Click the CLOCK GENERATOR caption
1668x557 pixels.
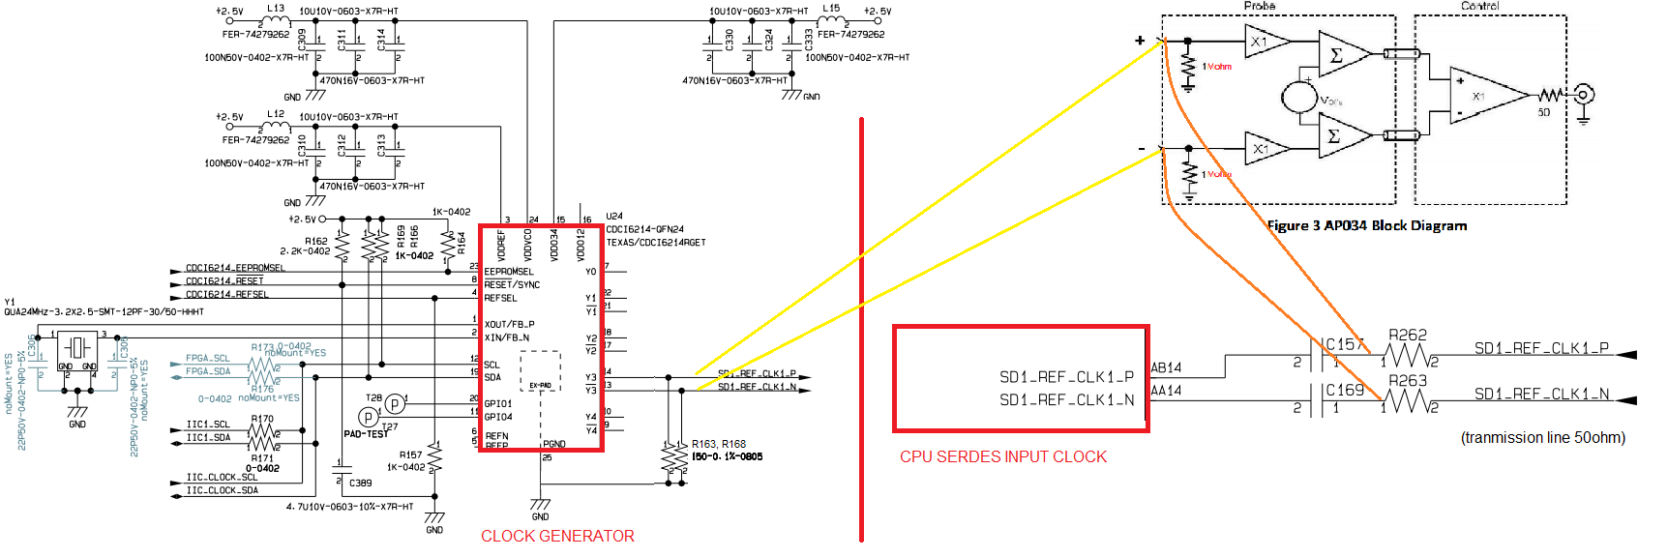coord(557,536)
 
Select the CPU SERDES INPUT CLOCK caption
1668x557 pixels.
coord(1002,456)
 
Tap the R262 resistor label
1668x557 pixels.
coord(1408,335)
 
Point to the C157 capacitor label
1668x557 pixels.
coord(1345,344)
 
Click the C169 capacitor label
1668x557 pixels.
coord(1345,390)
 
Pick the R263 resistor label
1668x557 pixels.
coord(1408,381)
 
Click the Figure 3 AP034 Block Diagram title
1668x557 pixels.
coord(1366,225)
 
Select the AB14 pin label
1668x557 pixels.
coord(1166,367)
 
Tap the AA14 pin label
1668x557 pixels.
coord(1166,391)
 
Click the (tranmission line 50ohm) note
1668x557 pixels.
coord(1542,437)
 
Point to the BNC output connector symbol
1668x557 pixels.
coord(1584,95)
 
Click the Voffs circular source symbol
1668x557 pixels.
coord(1299,97)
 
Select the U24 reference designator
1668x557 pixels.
coord(614,217)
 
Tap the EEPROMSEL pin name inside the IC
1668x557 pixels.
coord(509,272)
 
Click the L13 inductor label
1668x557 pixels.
coord(276,8)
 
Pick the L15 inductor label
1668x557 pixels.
coord(831,8)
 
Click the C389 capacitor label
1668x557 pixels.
coord(360,483)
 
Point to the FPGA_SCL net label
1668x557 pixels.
coord(208,359)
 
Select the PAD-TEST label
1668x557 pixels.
coord(366,434)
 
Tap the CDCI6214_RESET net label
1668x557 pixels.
coord(224,281)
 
